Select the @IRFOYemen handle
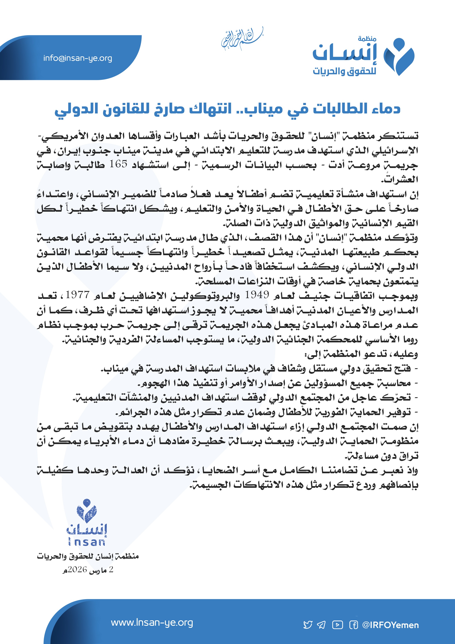(391, 625)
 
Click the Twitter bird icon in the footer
(308, 625)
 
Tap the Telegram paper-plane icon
(321, 625)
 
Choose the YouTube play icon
(338, 625)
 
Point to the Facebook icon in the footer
(354, 625)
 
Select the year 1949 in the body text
(257, 295)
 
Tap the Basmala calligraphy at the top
(242, 39)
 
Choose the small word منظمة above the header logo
(367, 39)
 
